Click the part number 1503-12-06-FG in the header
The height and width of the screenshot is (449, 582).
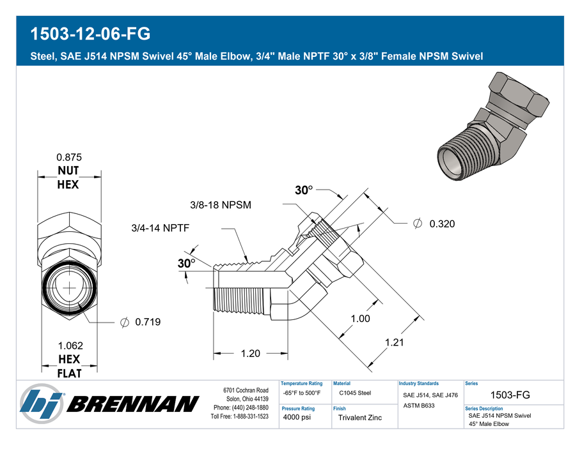coord(90,34)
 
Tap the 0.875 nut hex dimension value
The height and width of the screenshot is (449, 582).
coord(69,157)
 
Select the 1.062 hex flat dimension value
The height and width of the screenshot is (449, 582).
coord(70,346)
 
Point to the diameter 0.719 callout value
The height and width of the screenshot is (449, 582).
coord(148,322)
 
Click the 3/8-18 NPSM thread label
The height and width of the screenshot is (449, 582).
coord(221,204)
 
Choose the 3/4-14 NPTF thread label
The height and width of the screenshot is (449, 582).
coord(161,227)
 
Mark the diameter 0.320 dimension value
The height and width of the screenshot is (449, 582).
coord(442,224)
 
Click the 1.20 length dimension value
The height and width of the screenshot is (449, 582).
coord(251,353)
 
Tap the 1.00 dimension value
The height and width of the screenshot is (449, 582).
coord(361,319)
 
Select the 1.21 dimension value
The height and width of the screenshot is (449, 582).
coord(394,342)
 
